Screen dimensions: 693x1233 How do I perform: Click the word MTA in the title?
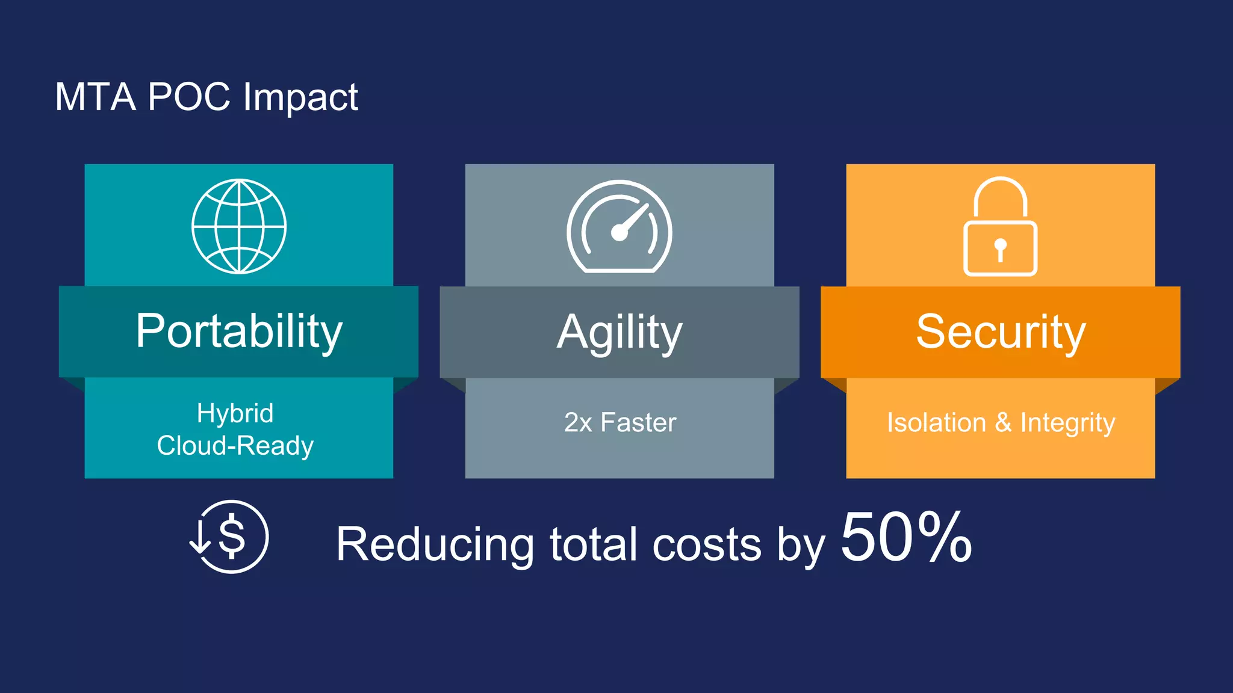pos(95,97)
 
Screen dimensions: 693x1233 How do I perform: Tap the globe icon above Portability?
pos(239,226)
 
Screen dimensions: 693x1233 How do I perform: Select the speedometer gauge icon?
pos(619,227)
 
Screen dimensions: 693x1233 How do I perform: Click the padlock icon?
pos(1000,227)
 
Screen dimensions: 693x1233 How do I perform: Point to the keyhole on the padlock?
pos(1000,248)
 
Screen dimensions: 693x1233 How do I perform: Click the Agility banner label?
pos(620,332)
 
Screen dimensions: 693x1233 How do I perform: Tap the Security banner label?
pos(1000,332)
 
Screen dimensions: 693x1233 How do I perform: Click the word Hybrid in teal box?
pos(235,413)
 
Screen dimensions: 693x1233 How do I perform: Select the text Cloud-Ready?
pos(235,446)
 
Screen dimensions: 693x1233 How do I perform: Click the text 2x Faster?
pos(620,422)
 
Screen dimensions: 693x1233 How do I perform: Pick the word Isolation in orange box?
pos(936,422)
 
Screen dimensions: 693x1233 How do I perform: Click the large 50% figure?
pos(905,537)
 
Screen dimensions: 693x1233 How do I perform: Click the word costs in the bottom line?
pos(707,544)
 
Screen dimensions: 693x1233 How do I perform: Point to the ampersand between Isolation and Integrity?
pos(1003,422)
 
